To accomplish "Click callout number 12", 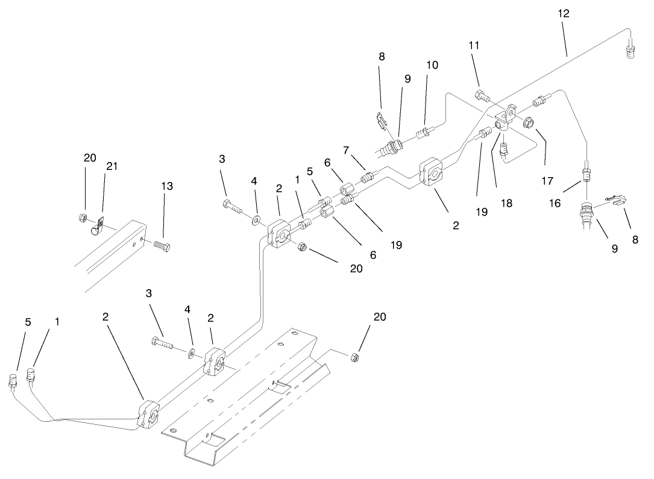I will [564, 13].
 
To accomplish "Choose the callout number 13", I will [167, 186].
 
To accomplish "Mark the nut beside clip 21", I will [83, 218].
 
